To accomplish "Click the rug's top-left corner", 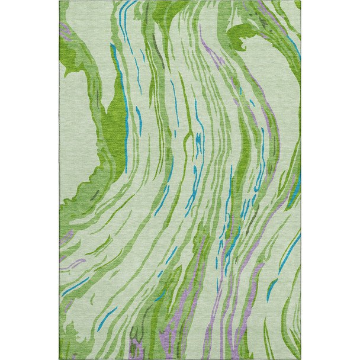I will click(60, 1).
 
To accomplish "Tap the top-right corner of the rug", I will click(300, 1).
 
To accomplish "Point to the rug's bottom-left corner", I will click(60, 359).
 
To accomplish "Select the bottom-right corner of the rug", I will click(300, 359).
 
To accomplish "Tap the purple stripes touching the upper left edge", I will click(65, 33).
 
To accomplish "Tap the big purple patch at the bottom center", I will click(178, 332).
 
